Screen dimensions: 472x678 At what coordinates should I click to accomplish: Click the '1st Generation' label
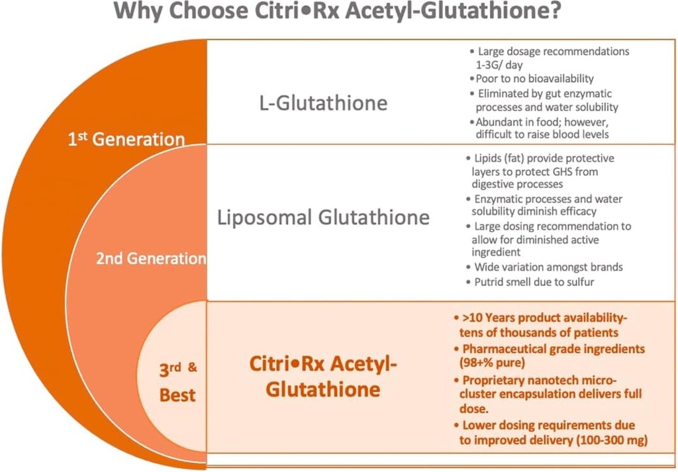point(126,140)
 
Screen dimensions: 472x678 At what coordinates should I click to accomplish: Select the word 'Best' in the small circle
point(177,395)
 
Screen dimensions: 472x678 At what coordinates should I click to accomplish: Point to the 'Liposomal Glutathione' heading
point(323,217)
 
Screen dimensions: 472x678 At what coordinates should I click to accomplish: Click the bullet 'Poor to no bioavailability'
point(532,79)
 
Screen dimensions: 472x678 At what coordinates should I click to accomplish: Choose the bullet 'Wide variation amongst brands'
point(548,267)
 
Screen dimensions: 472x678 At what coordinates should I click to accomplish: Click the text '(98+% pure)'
point(491,363)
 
